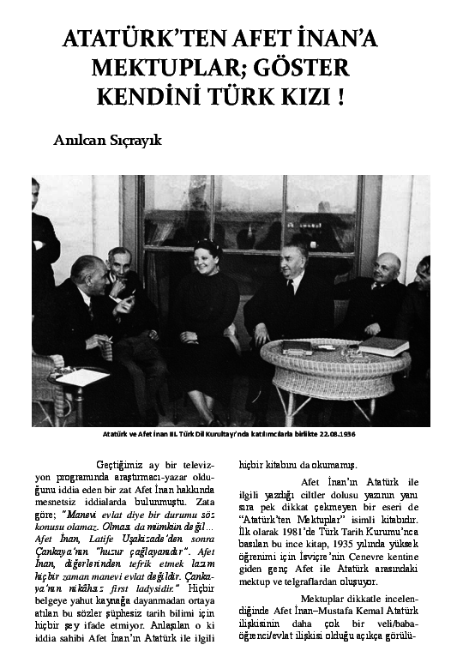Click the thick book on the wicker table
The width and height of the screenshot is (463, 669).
coord(382,346)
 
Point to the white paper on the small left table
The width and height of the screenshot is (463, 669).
coord(82,377)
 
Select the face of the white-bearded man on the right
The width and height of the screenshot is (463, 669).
coord(387,272)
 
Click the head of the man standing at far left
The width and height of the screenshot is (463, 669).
coord(35,195)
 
